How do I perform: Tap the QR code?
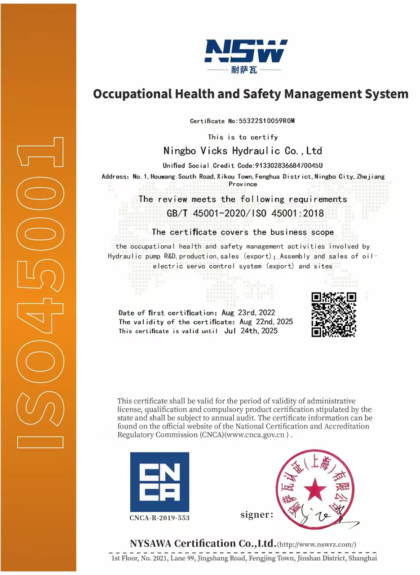pos(333,314)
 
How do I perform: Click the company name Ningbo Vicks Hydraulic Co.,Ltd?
pos(243,150)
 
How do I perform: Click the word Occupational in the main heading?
pos(131,94)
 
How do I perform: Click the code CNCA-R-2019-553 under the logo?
pos(159,517)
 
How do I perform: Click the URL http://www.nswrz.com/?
pos(317,544)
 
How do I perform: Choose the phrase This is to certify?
pos(243,137)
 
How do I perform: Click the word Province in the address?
pos(243,184)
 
